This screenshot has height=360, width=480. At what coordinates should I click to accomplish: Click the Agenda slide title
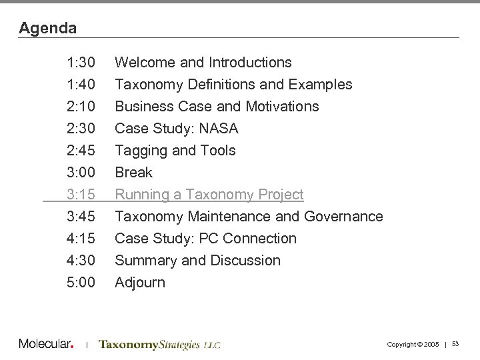48,28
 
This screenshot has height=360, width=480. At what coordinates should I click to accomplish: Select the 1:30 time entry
81,63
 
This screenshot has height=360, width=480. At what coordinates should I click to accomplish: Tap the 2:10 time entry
81,107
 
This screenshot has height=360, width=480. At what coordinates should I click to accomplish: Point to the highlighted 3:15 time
81,195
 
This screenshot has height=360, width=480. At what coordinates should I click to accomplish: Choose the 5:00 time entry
81,283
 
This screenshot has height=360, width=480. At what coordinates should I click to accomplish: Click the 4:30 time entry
81,261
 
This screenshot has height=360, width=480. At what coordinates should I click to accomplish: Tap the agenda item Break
133,173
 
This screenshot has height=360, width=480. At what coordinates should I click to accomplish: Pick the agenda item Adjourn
140,283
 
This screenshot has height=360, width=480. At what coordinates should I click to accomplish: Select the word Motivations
282,107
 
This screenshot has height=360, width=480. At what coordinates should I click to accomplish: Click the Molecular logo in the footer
45,344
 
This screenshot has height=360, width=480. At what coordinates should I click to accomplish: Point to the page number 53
456,343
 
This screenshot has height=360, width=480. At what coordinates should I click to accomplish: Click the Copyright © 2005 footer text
413,343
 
